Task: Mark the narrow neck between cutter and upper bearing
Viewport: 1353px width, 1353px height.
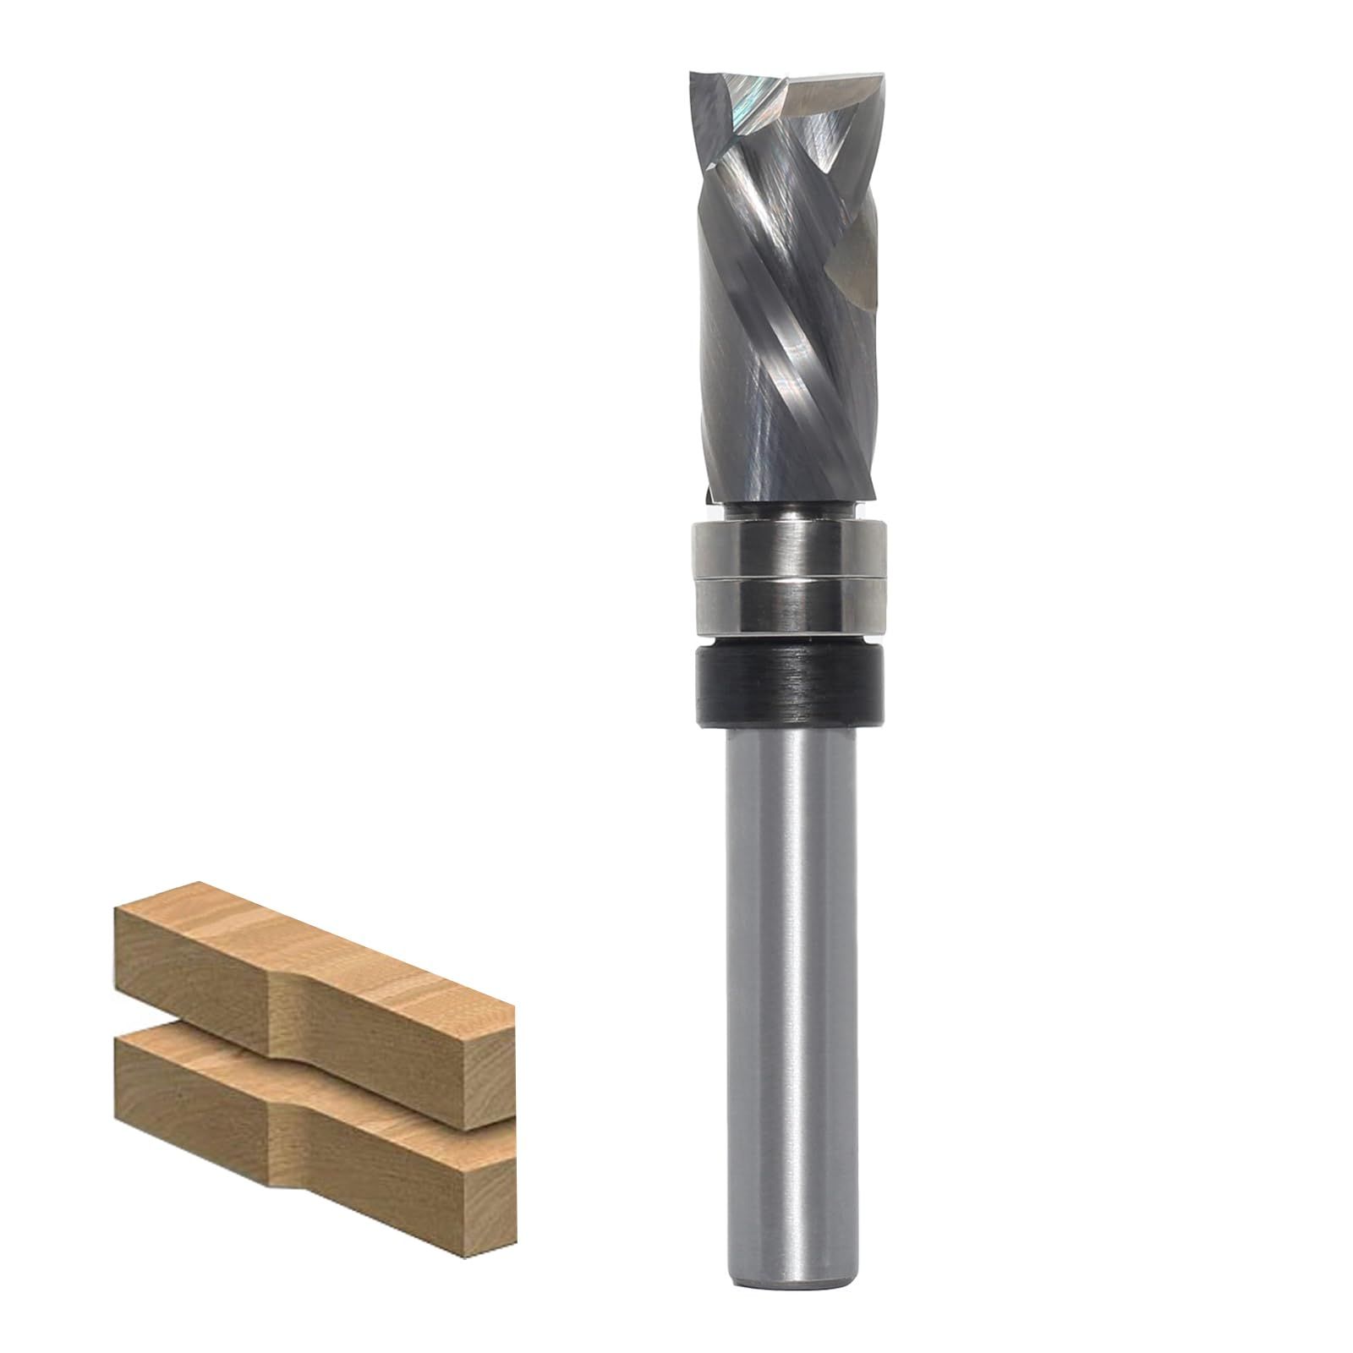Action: (787, 512)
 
